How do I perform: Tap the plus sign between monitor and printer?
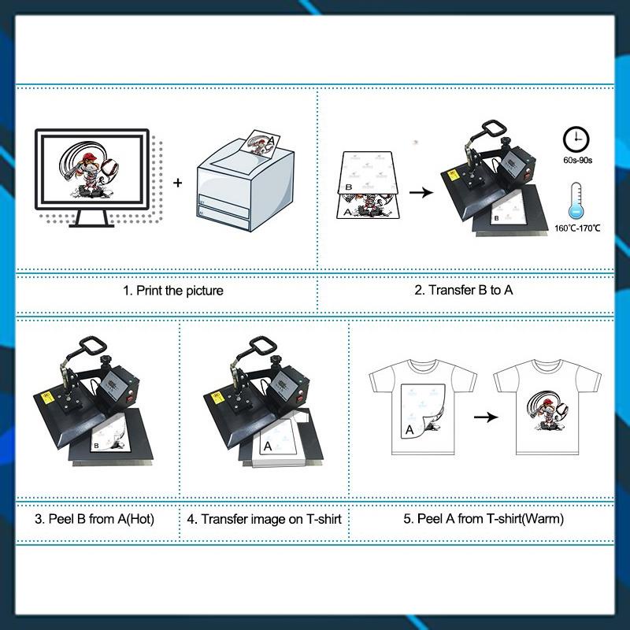tap(177, 183)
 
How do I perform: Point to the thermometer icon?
tap(576, 200)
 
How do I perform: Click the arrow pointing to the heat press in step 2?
tap(422, 192)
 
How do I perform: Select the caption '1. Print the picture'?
tap(173, 291)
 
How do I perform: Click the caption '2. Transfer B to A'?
tap(464, 291)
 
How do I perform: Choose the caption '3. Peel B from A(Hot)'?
tap(94, 519)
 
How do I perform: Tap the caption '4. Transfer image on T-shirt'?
tap(265, 519)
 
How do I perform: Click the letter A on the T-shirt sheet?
tap(409, 430)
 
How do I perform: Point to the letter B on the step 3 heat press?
tap(96, 446)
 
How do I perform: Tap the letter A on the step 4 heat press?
tap(267, 446)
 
